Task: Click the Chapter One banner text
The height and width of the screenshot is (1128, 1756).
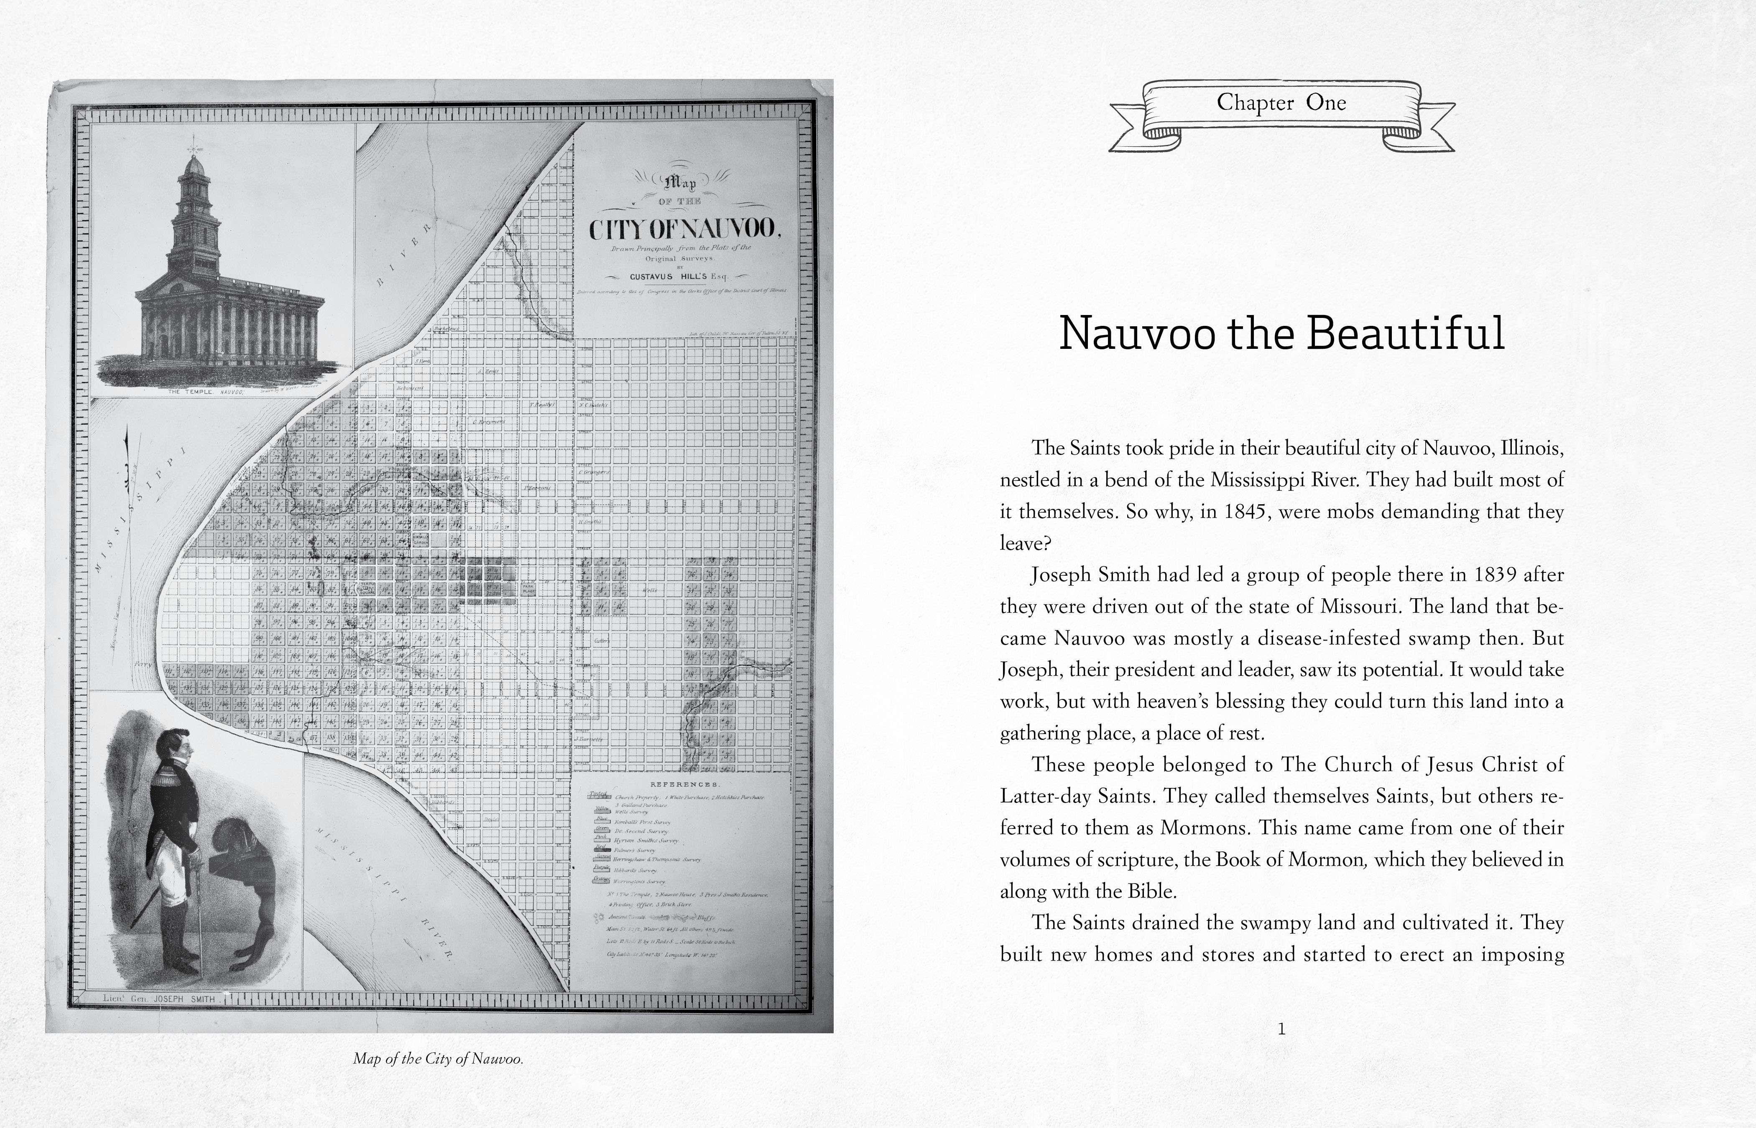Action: tap(1281, 102)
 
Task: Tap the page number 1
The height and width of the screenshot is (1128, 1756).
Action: tap(1281, 1029)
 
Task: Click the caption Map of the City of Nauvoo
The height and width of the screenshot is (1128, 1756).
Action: tap(438, 1059)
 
